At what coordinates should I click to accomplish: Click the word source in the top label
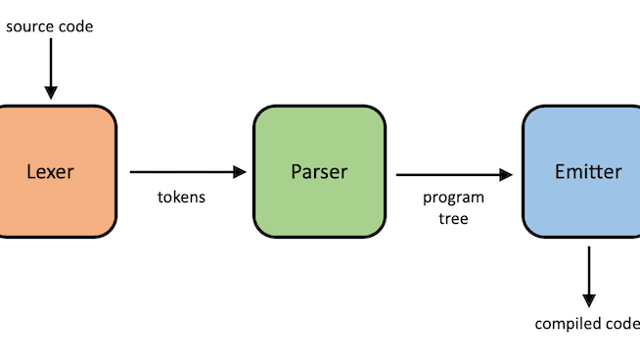(x=30, y=26)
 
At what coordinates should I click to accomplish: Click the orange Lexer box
(x=49, y=137)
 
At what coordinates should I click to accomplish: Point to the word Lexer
(x=49, y=173)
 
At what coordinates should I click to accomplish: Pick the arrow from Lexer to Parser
(x=186, y=172)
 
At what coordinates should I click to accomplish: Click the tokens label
(x=181, y=198)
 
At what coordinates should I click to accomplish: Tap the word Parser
(x=318, y=173)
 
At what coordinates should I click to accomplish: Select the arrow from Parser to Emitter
(x=452, y=175)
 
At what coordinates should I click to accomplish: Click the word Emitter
(x=587, y=173)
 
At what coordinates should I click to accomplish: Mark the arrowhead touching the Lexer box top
(x=48, y=93)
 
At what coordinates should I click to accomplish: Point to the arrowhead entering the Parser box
(x=241, y=172)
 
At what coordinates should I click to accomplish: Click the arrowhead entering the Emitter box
(x=507, y=175)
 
